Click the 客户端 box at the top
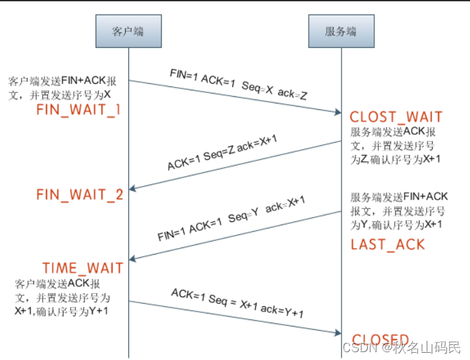click(x=128, y=31)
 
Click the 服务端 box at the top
click(x=340, y=31)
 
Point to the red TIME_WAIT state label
click(x=82, y=268)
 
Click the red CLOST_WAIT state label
click(x=396, y=117)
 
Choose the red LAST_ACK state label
click(x=388, y=245)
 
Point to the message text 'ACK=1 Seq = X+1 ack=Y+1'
click(x=237, y=304)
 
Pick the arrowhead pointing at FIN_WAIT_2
click(x=134, y=189)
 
